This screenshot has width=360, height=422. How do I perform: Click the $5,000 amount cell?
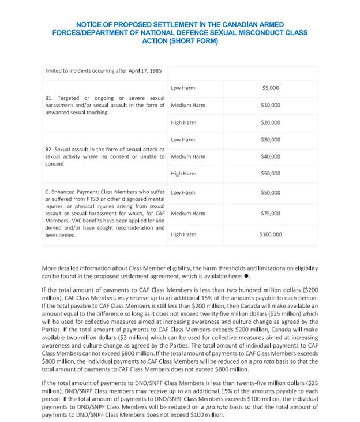click(x=270, y=88)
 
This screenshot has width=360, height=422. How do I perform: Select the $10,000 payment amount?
click(x=270, y=105)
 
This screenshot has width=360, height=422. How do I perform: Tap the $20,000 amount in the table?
click(x=270, y=122)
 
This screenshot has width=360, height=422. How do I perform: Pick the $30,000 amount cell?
click(x=270, y=140)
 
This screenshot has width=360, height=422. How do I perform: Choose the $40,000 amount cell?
click(x=270, y=156)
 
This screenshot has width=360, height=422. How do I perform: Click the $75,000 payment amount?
click(x=270, y=213)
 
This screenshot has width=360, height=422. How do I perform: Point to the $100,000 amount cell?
click(x=270, y=234)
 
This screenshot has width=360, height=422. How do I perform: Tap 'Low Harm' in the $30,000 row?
click(x=183, y=140)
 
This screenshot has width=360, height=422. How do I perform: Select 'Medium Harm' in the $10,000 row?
click(x=188, y=105)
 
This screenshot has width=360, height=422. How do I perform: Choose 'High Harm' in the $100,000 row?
click(x=183, y=234)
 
